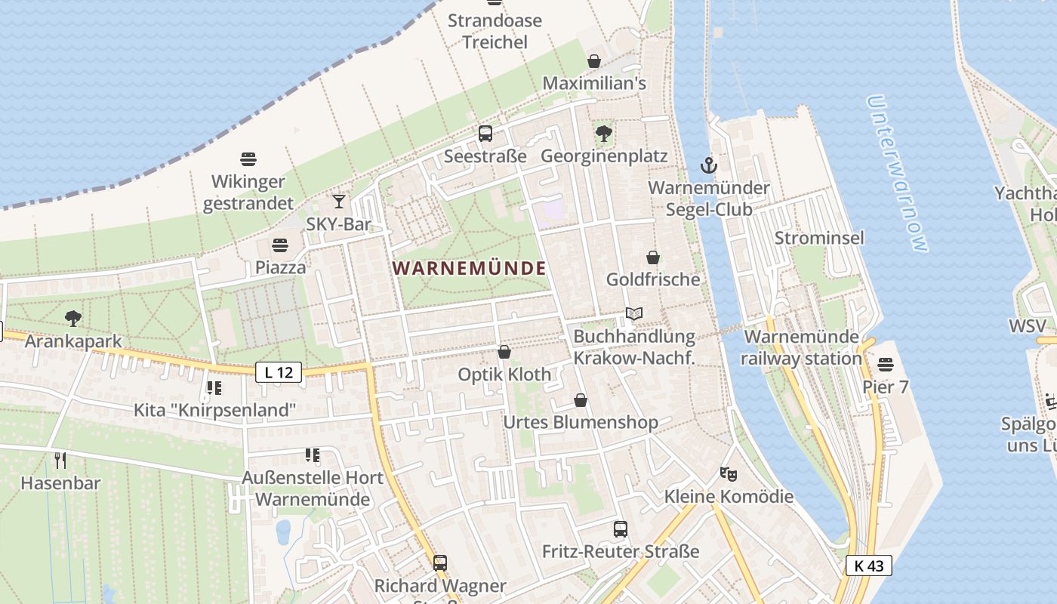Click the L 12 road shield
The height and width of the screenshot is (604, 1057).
[279, 371]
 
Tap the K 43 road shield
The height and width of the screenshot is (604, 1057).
[868, 565]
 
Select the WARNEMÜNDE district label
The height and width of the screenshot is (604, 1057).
[469, 268]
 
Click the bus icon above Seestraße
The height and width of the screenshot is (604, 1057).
[485, 134]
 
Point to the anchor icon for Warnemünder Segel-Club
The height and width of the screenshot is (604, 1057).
[708, 165]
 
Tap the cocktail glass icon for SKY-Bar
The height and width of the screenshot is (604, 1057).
[339, 201]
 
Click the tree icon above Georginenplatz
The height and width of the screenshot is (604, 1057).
[603, 134]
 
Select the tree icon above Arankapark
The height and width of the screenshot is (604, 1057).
[73, 319]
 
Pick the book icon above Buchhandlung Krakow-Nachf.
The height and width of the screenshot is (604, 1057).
[634, 313]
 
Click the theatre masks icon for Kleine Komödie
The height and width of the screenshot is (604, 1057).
[728, 474]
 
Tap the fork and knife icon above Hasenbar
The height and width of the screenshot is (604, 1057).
[60, 460]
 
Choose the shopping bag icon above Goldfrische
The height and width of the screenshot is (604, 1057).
[653, 257]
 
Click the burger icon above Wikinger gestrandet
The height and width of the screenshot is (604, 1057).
[248, 159]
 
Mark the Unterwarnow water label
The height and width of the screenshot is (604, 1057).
[897, 173]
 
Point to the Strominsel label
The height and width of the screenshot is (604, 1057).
[819, 238]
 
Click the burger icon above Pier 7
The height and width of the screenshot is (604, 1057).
[886, 365]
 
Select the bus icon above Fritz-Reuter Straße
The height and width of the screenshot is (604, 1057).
[621, 528]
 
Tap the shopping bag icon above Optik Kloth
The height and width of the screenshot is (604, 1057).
[504, 352]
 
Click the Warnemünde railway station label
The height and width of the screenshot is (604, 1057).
[801, 347]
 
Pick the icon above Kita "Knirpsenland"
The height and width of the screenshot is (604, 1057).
[214, 388]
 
